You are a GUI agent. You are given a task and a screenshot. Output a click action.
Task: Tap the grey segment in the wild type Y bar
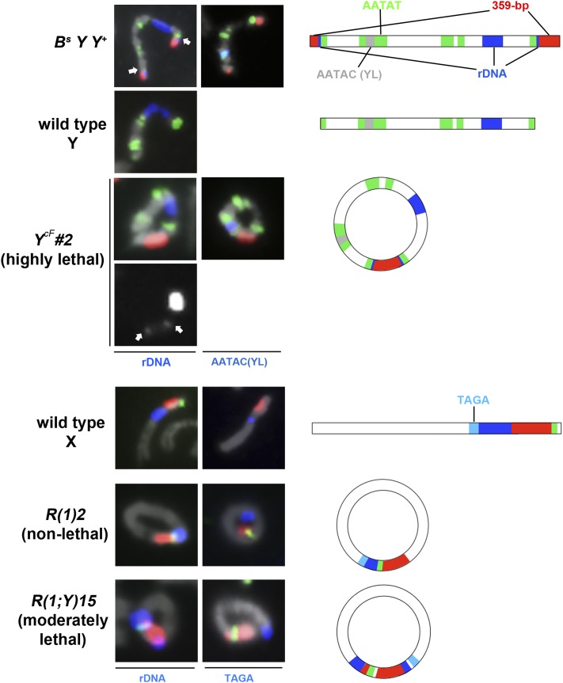(370, 123)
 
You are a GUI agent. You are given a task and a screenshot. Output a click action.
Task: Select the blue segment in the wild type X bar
(495, 428)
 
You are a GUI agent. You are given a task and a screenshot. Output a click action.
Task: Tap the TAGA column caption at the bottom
(238, 674)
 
